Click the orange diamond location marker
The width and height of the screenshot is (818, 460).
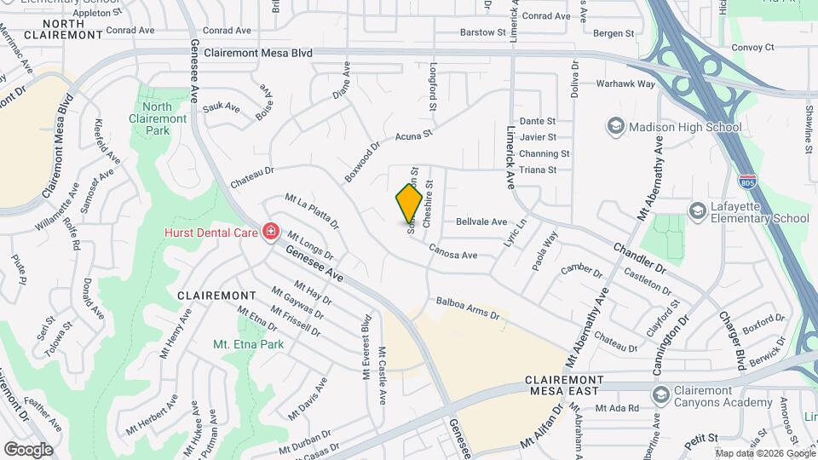409,204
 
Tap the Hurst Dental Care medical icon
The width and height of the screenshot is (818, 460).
271,231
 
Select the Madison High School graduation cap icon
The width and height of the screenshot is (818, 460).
614,127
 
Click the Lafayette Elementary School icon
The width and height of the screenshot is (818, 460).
698,210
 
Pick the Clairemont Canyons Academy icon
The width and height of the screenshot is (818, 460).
660,394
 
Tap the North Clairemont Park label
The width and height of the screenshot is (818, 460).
157,118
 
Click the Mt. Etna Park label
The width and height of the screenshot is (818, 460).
248,345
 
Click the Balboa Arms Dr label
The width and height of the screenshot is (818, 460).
468,308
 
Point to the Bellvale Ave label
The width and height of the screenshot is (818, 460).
481,221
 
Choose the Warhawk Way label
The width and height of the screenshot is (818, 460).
625,84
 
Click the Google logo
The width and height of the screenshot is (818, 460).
28,449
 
